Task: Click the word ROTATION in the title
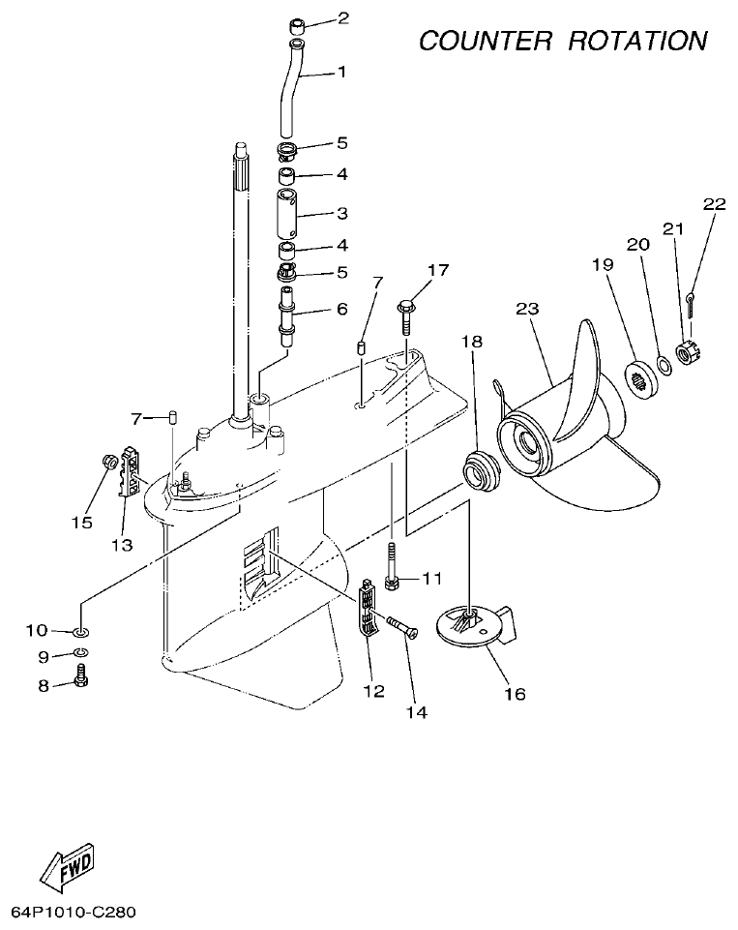click(637, 41)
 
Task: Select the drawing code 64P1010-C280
click(74, 913)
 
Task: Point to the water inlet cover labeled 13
click(126, 470)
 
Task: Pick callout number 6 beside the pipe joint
click(341, 310)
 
